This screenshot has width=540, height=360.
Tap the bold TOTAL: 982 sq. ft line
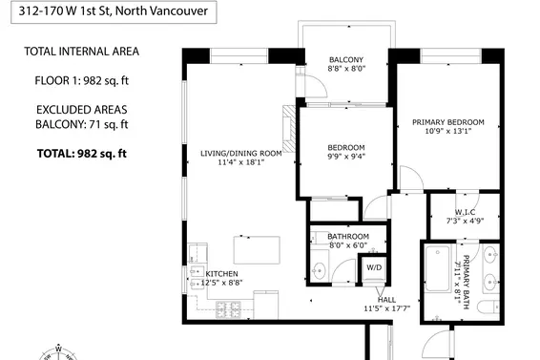(x=81, y=153)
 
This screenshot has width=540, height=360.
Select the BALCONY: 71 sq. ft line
(x=82, y=124)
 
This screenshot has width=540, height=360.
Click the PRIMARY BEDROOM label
(x=447, y=122)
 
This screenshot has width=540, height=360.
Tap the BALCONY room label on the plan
(x=344, y=58)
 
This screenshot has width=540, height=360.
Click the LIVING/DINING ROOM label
(x=240, y=153)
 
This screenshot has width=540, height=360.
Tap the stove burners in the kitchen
(x=229, y=309)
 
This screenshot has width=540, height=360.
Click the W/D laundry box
(x=374, y=268)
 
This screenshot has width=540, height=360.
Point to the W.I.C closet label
(x=465, y=212)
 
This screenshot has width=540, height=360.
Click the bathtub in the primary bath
(x=440, y=275)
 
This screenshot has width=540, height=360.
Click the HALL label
(x=386, y=299)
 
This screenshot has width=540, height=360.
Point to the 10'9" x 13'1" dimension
(x=447, y=133)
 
